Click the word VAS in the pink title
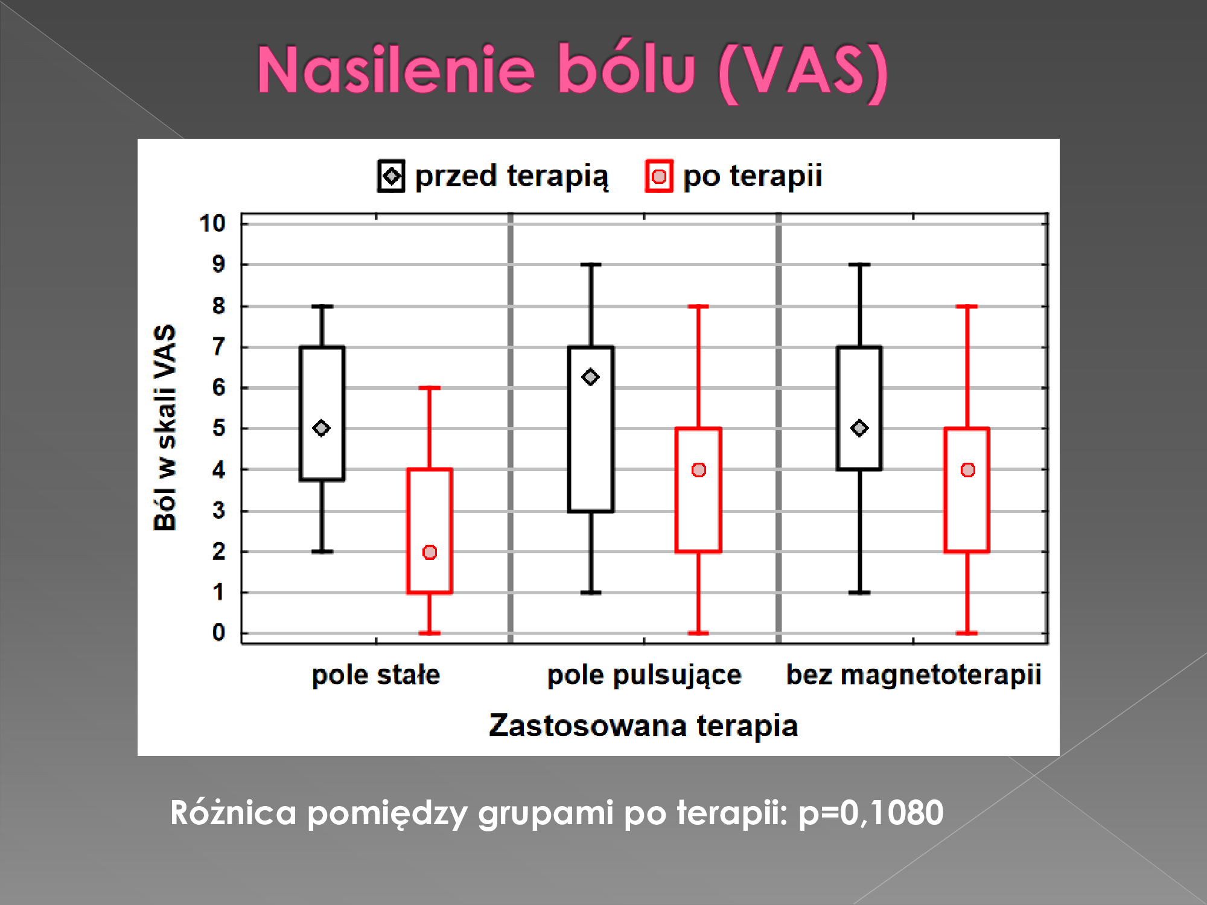802,71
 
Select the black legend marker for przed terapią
391,176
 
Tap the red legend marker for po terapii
659,176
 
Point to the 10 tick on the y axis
212,223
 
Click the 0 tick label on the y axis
218,633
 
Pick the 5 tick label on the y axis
218,428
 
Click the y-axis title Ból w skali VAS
165,428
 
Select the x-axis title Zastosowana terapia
643,725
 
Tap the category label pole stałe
376,675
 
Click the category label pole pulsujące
644,675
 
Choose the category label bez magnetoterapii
914,675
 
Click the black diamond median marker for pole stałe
322,428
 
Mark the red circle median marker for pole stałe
430,552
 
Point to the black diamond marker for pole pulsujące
590,377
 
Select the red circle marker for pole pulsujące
699,470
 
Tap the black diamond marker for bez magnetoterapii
859,428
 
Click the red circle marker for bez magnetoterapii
968,470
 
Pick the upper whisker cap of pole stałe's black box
322,306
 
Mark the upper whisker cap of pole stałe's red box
430,388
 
